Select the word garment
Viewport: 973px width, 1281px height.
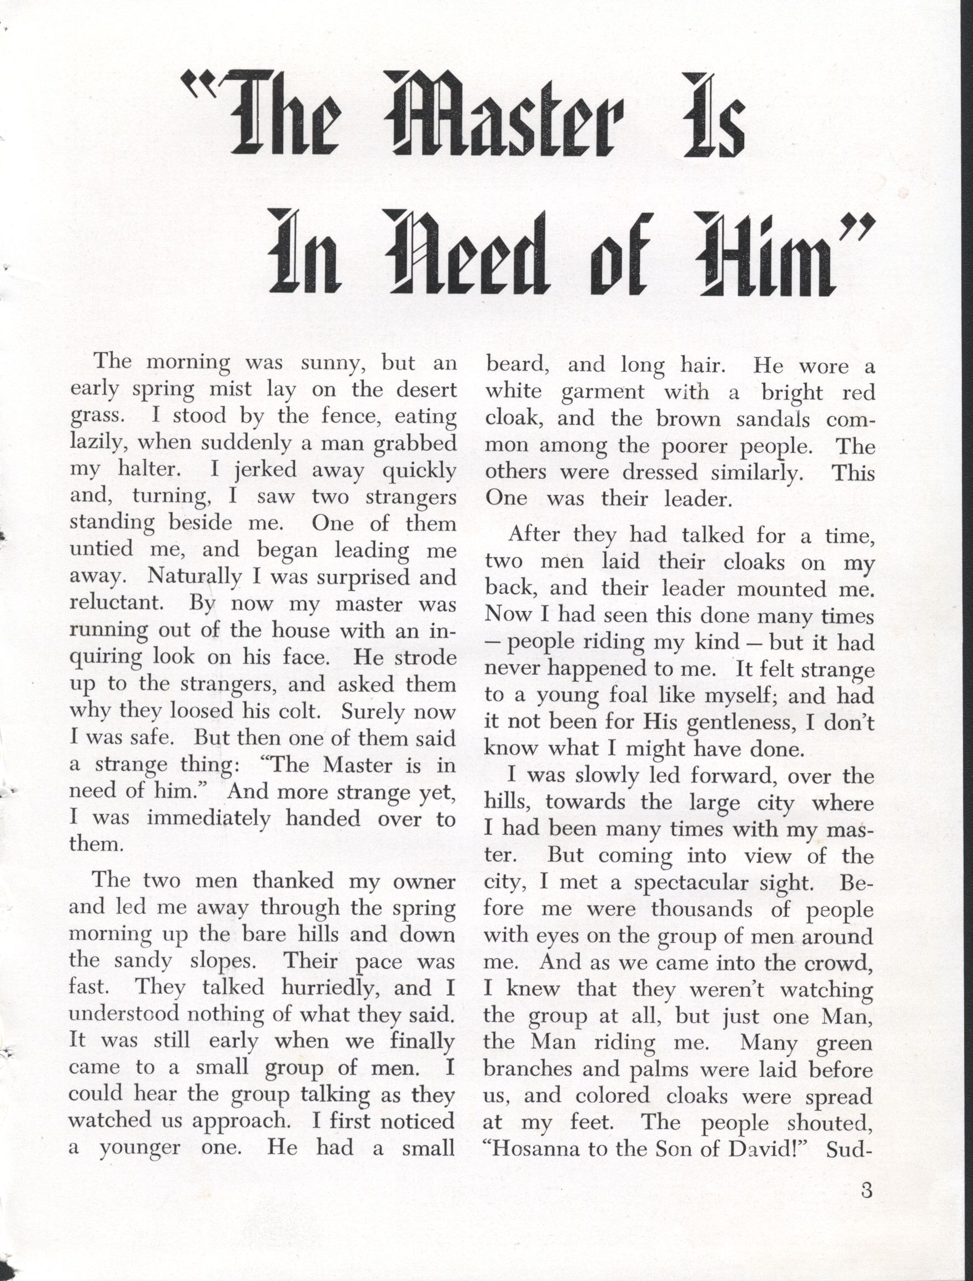pos(603,392)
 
